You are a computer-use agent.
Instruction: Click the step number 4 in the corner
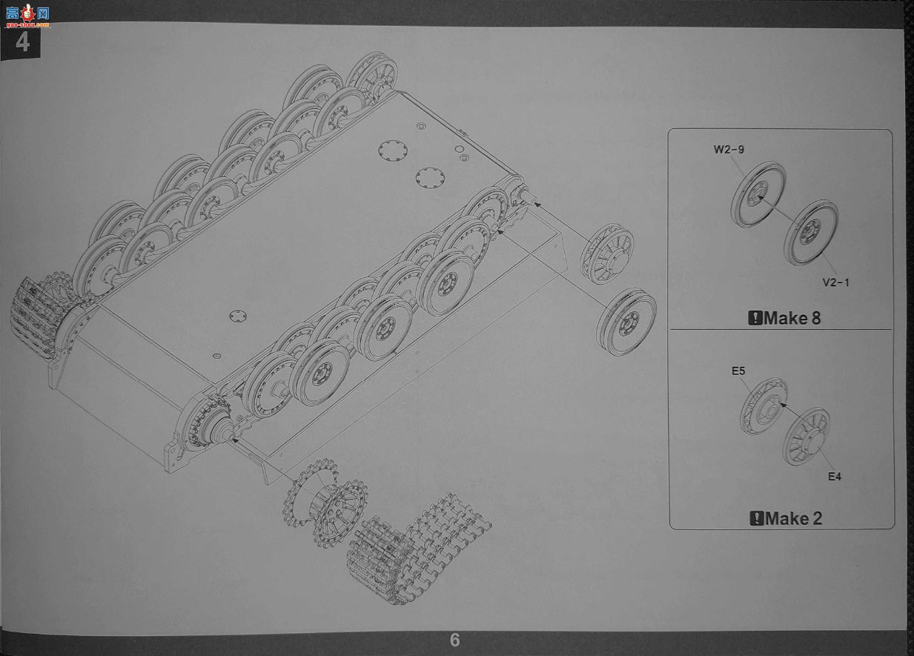(x=22, y=42)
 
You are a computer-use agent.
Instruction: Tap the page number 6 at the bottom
(x=454, y=640)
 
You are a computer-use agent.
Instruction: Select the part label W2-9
(x=729, y=149)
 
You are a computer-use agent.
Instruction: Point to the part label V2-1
(x=835, y=282)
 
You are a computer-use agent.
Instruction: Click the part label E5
(x=738, y=371)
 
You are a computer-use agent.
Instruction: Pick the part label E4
(x=835, y=477)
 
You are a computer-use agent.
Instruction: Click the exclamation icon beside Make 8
(x=755, y=318)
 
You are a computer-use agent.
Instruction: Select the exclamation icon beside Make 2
(x=757, y=519)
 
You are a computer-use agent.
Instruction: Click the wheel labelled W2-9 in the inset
(x=758, y=195)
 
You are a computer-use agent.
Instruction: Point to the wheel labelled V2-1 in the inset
(x=810, y=233)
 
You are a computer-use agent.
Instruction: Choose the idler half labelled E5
(x=763, y=406)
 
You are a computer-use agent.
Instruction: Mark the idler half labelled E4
(x=806, y=436)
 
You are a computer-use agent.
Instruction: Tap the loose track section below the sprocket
(x=418, y=547)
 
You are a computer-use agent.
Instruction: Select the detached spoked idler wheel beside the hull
(x=607, y=254)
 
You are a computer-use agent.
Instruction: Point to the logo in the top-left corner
(x=27, y=16)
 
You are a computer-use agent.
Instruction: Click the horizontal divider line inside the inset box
(x=781, y=329)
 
